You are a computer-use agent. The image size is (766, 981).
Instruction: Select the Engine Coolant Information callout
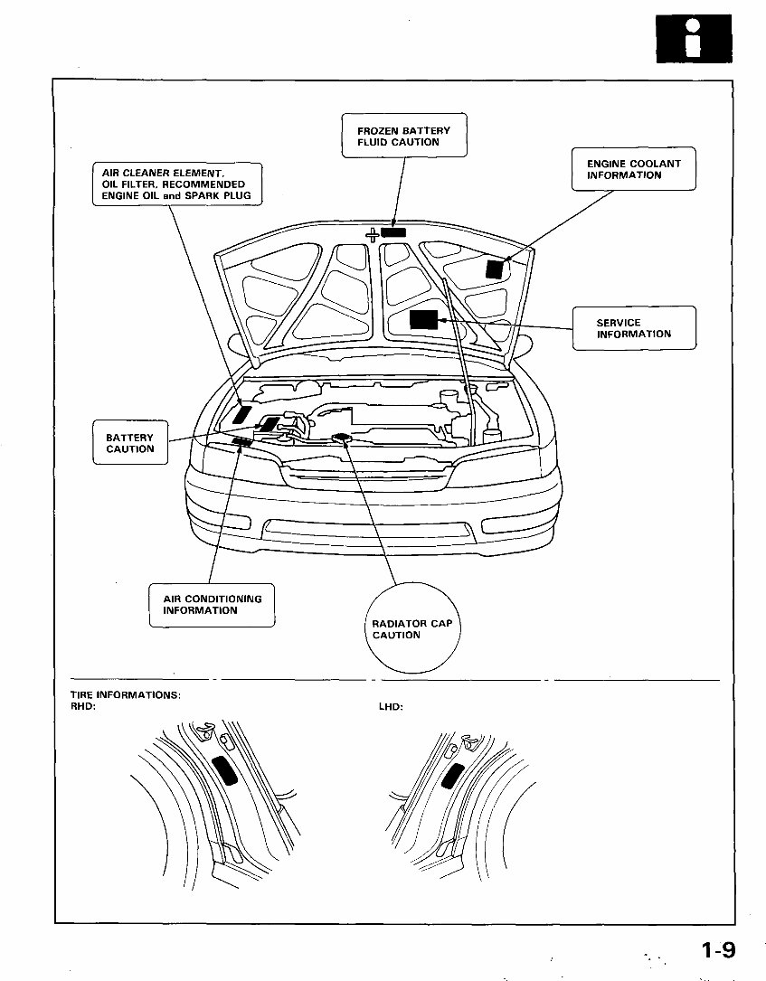pyautogui.click(x=633, y=169)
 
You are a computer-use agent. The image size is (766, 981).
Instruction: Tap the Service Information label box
pyautogui.click(x=634, y=328)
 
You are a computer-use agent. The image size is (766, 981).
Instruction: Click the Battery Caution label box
pyautogui.click(x=130, y=443)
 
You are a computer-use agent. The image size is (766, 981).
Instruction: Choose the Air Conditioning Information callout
pyautogui.click(x=213, y=605)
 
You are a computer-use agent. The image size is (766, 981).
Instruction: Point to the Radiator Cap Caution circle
pyautogui.click(x=411, y=629)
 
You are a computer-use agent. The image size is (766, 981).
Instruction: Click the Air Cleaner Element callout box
pyautogui.click(x=177, y=184)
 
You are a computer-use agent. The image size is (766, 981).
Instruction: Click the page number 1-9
pyautogui.click(x=717, y=950)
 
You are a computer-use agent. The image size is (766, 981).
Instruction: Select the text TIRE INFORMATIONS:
pyautogui.click(x=126, y=695)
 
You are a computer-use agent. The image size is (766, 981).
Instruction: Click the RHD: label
pyautogui.click(x=83, y=706)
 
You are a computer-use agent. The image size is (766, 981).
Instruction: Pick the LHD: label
pyautogui.click(x=391, y=706)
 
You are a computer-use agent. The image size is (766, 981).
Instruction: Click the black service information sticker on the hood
pyautogui.click(x=423, y=319)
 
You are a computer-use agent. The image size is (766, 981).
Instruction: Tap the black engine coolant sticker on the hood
pyautogui.click(x=494, y=269)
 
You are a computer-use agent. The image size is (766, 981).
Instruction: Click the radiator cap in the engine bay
pyautogui.click(x=342, y=438)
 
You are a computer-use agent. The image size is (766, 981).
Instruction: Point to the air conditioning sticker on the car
pyautogui.click(x=241, y=442)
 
